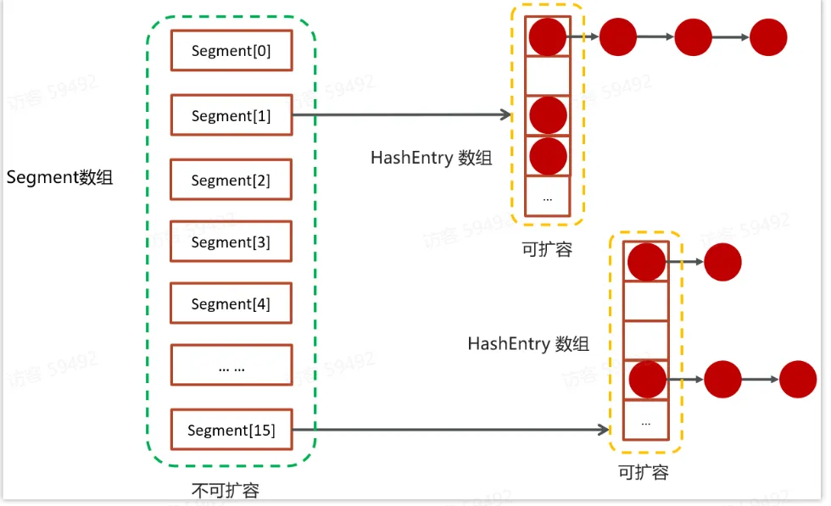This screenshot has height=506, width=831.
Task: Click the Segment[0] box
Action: [x=231, y=51]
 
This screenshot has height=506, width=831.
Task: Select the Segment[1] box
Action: [x=231, y=116]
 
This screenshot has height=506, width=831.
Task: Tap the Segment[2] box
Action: [x=231, y=181]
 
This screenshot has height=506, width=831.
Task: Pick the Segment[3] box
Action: [x=231, y=242]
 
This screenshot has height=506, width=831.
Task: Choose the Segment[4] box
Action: [x=231, y=304]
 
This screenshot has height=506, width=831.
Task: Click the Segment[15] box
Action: [x=231, y=431]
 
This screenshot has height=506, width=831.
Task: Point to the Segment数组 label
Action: [x=59, y=178]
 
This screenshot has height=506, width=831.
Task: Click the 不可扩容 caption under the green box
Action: [x=225, y=490]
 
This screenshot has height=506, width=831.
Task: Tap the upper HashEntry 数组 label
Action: [x=431, y=158]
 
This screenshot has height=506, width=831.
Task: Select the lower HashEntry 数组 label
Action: [x=527, y=343]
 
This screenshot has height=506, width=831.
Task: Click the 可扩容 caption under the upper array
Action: [x=547, y=249]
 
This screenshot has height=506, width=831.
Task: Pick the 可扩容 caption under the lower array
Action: [x=644, y=472]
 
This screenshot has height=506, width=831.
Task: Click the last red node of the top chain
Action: [x=768, y=37]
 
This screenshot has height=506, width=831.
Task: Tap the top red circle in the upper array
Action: [x=547, y=36]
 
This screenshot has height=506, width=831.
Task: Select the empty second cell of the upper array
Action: [x=547, y=75]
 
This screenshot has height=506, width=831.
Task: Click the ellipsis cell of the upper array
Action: [x=547, y=197]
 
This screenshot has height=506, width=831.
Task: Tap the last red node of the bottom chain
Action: [x=798, y=380]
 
